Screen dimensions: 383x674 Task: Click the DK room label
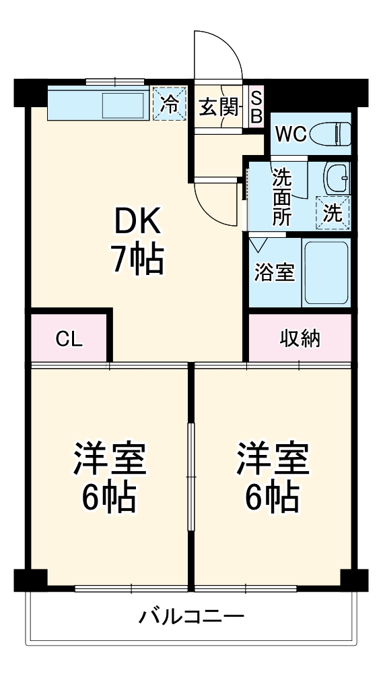coord(137,221)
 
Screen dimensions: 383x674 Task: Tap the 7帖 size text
coord(138,259)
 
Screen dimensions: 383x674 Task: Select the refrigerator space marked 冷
coord(170,104)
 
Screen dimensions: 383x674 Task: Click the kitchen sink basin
coord(123,106)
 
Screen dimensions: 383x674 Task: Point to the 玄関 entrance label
coord(219,108)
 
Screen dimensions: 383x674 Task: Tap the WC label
coord(291,135)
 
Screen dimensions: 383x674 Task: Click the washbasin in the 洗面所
coord(337,178)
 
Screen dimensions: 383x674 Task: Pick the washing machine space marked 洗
coord(333,213)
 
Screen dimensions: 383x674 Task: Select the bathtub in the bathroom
coord(326,273)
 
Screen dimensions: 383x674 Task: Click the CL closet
coord(69,338)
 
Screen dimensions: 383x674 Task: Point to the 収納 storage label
coord(300,339)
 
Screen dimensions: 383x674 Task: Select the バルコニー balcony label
coord(191,617)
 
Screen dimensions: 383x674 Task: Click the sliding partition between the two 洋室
coord(191,477)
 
